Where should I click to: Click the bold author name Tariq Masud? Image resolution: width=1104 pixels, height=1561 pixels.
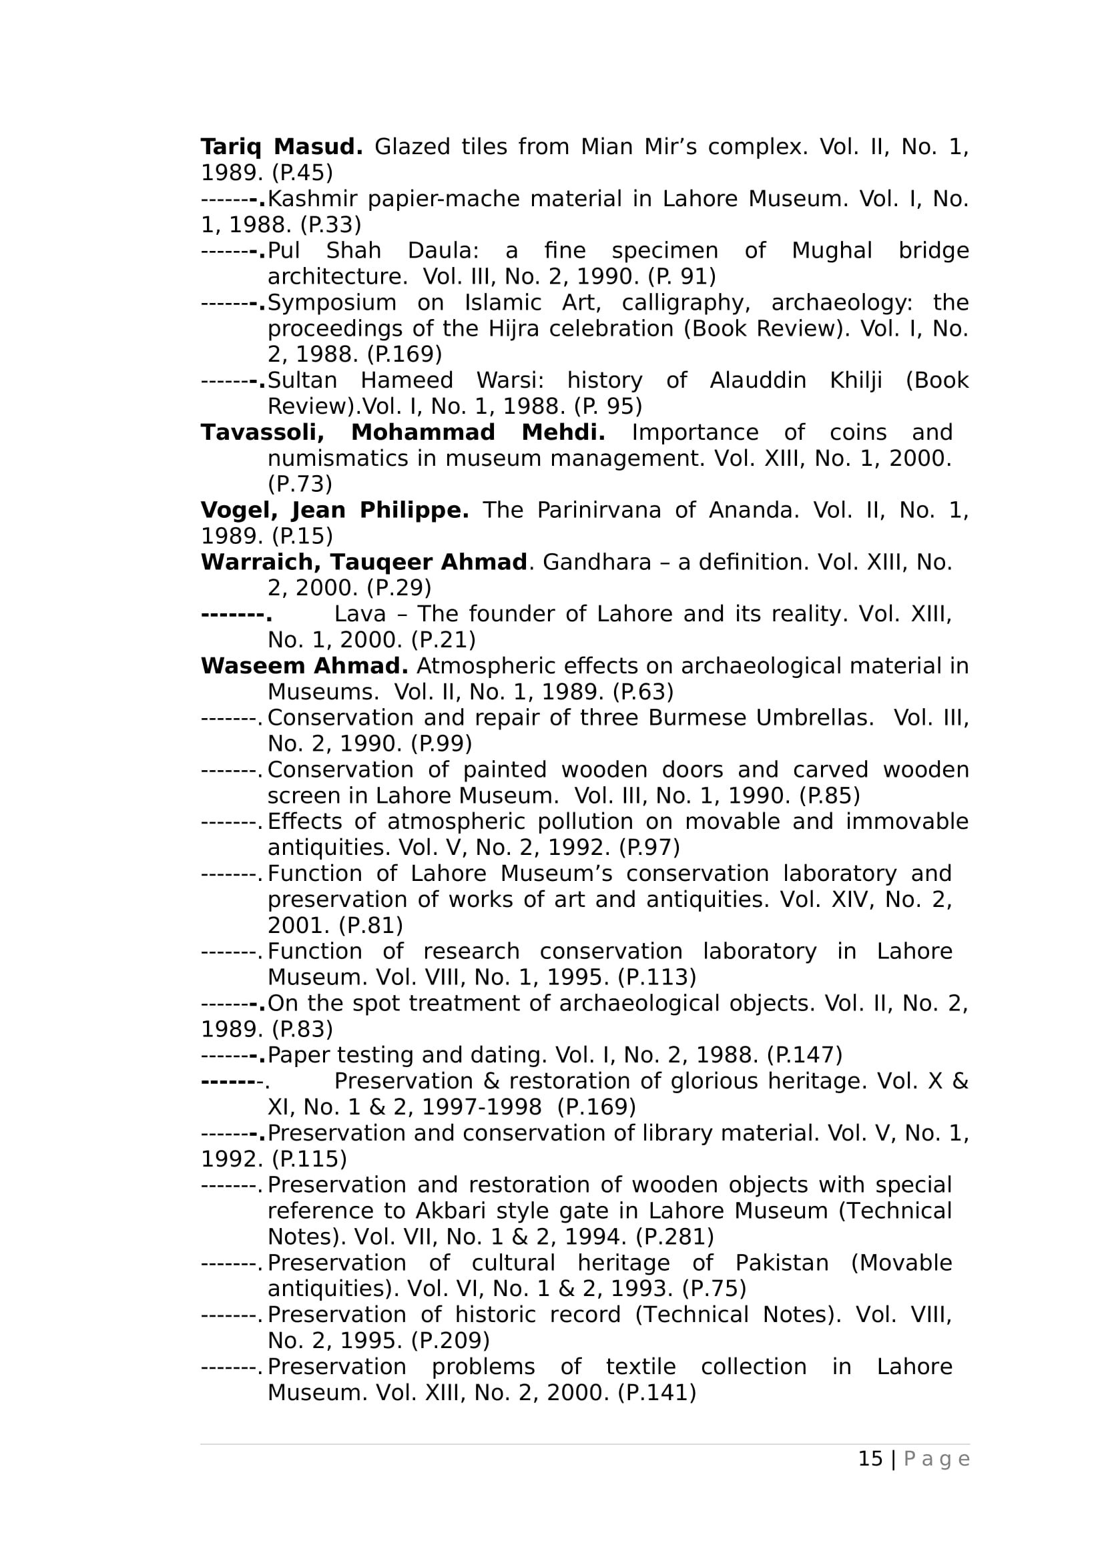pyautogui.click(x=282, y=147)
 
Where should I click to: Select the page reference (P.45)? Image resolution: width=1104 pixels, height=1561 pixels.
pyautogui.click(x=302, y=173)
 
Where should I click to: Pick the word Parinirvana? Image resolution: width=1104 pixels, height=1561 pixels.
pyautogui.click(x=598, y=510)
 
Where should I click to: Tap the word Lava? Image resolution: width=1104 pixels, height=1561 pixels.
pyautogui.click(x=360, y=614)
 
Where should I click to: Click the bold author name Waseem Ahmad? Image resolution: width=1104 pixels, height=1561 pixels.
pyautogui.click(x=304, y=666)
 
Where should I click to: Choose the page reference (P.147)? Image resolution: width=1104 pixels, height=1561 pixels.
pyautogui.click(x=804, y=1055)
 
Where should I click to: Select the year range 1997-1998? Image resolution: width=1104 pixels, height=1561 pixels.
pyautogui.click(x=481, y=1107)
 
